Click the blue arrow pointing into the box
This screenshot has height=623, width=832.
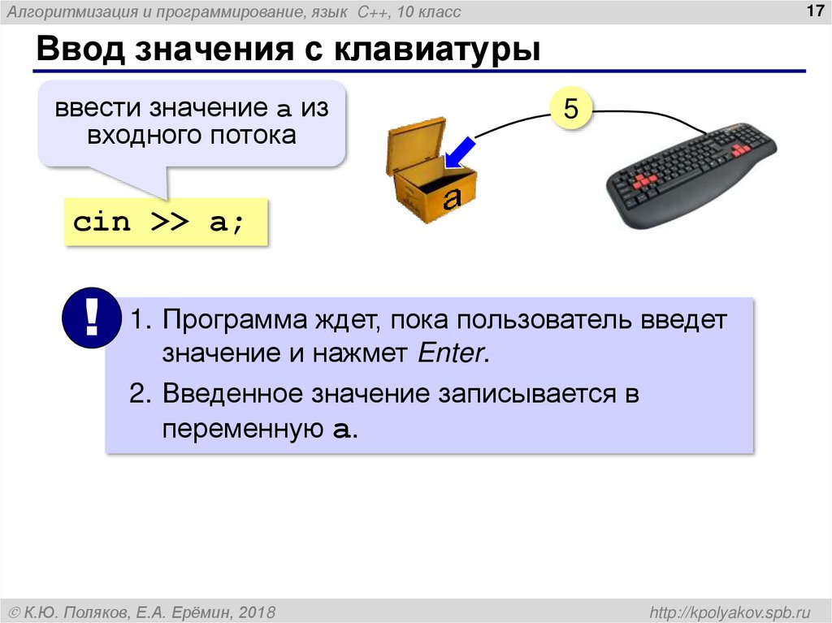(x=459, y=152)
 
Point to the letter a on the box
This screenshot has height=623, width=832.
(x=452, y=197)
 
